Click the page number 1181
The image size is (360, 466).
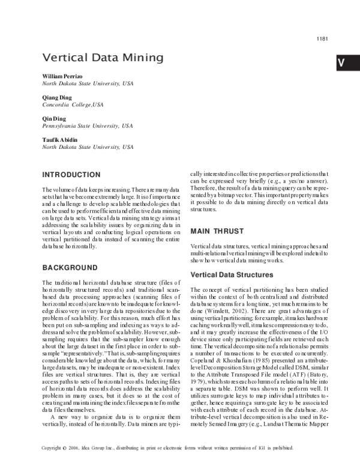(322, 39)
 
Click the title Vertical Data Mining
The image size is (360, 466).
(103, 58)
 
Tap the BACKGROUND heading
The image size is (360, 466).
(70, 267)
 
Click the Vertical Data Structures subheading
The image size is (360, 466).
(232, 275)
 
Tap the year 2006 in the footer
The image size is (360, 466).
(76, 448)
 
